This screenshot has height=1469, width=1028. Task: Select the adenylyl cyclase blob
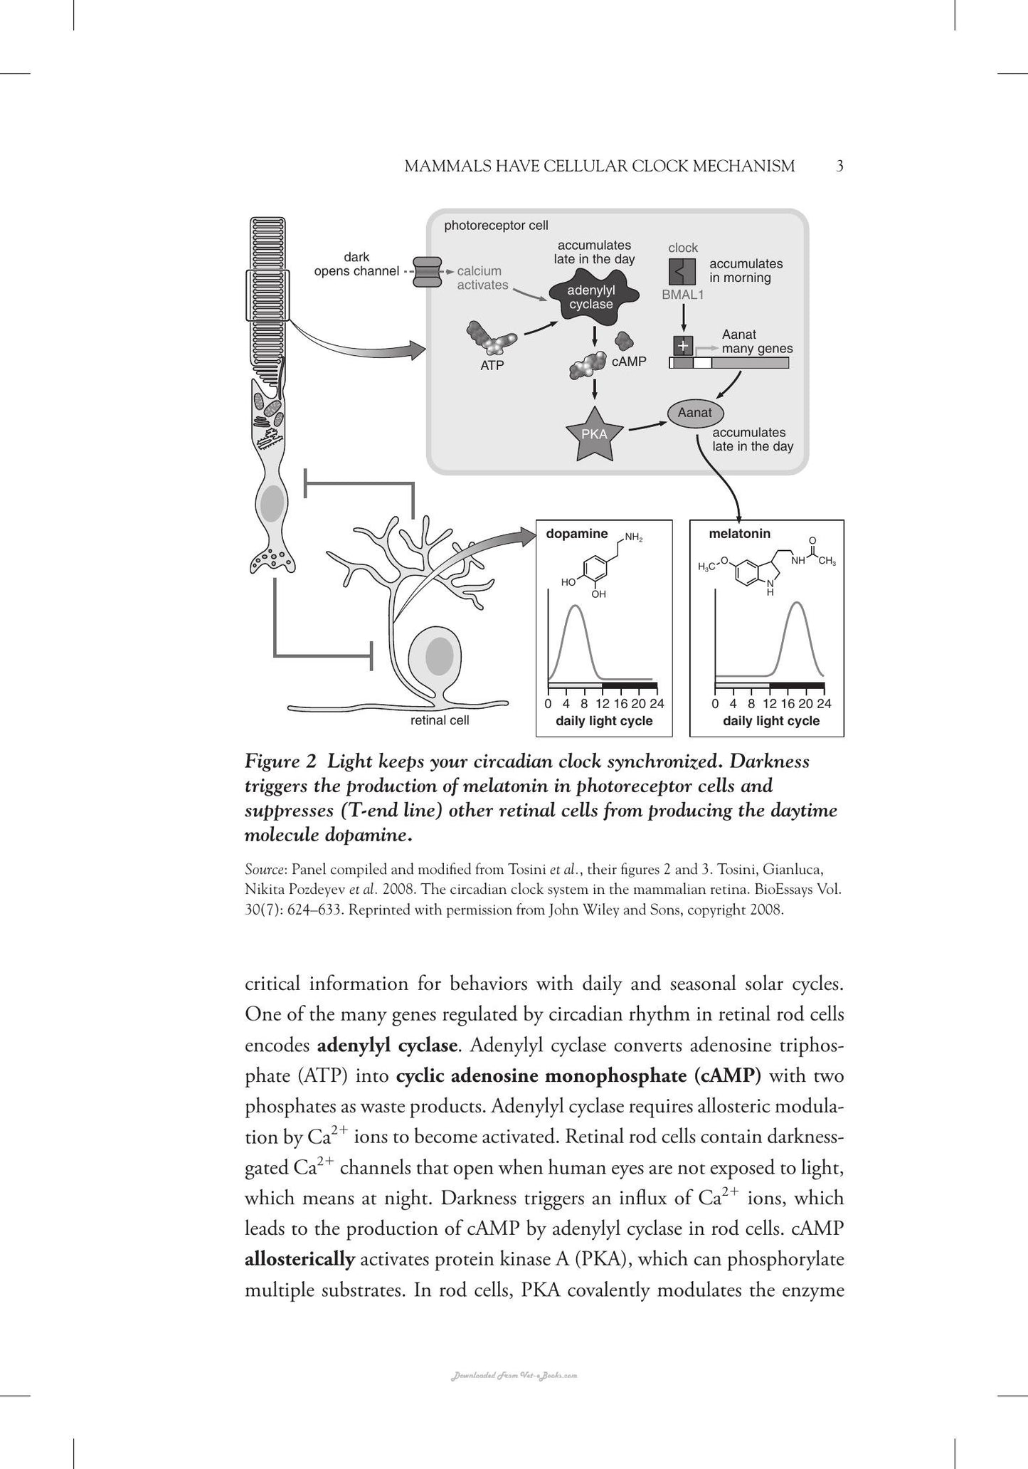click(591, 298)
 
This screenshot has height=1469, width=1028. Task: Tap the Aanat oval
click(694, 413)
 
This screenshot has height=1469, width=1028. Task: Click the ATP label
click(492, 366)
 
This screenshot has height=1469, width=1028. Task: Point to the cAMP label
click(629, 362)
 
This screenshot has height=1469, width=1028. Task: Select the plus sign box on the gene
click(683, 346)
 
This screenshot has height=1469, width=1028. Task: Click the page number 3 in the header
click(839, 167)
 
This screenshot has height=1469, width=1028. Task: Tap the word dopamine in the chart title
click(577, 534)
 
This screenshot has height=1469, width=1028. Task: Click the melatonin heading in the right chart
click(740, 534)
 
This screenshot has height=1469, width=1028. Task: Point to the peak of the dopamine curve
click(576, 606)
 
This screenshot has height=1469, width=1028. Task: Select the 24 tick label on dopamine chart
click(657, 704)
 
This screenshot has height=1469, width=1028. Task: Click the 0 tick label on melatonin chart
click(716, 704)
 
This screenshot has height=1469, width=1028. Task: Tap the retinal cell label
click(440, 720)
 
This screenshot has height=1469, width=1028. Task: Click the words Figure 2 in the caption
click(280, 762)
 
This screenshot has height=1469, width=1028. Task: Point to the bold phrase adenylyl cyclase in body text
click(387, 1046)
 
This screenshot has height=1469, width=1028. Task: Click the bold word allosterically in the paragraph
click(300, 1259)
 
